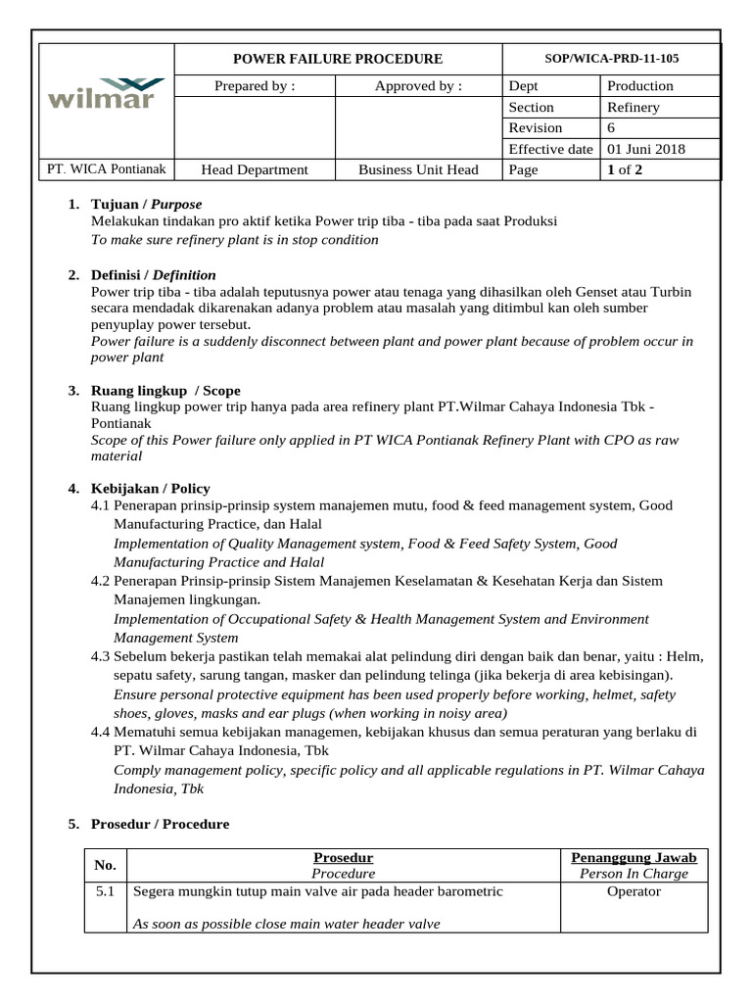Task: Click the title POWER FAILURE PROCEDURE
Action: pos(337,59)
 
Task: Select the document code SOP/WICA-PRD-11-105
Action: pos(611,59)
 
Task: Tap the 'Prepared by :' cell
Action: pos(255,86)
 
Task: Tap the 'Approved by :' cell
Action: pos(418,86)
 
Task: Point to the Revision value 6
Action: pos(612,128)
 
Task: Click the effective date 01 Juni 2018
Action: pos(646,150)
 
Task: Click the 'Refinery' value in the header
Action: pos(634,108)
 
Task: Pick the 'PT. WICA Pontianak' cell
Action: pos(107,169)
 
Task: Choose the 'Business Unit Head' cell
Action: pos(418,170)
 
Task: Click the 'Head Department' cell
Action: pos(255,170)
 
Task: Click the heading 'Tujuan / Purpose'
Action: pos(146,205)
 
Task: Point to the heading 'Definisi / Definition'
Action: pos(153,275)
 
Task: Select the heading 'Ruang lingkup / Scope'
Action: pos(164,391)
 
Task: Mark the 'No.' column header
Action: pos(105,865)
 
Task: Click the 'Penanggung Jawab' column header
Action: pos(634,858)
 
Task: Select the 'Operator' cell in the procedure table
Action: pos(634,891)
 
